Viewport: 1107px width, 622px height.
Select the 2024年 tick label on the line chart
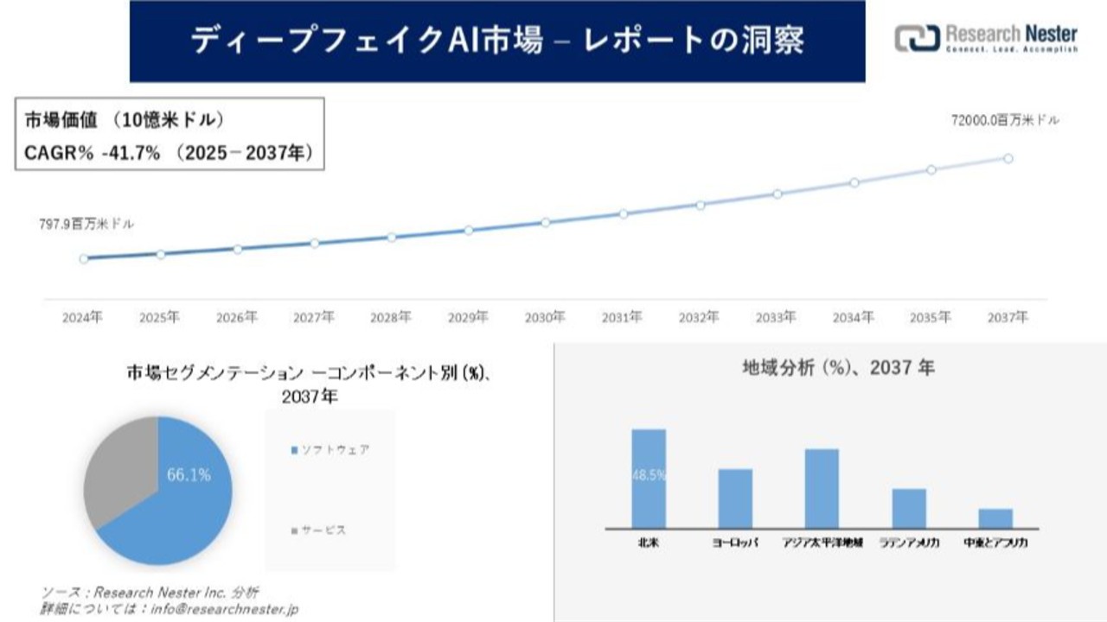(82, 317)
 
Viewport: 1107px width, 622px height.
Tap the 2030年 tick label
(545, 317)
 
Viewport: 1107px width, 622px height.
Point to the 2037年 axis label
(1008, 317)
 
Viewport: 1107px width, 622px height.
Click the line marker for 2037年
(1008, 158)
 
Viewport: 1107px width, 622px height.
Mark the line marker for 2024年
(83, 258)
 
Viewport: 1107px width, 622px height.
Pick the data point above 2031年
(623, 213)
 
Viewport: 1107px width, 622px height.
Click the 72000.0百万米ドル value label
(1004, 121)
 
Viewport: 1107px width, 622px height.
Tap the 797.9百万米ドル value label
(86, 224)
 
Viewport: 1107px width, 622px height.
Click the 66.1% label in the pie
(188, 474)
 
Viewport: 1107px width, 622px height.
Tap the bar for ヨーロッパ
(735, 498)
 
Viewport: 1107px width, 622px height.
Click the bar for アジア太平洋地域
(822, 488)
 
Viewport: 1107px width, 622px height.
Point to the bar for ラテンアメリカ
(909, 508)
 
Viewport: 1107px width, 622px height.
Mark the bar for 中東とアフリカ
(995, 517)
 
